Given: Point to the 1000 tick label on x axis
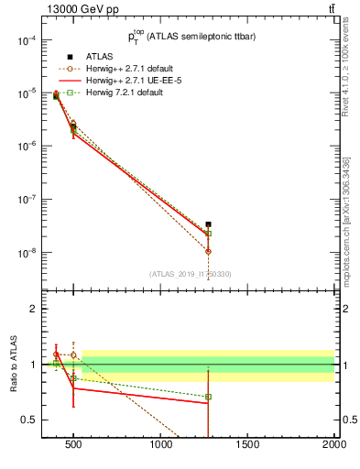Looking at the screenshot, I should [x=161, y=446].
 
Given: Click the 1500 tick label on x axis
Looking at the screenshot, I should [x=247, y=446].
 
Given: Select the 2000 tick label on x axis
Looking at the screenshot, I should [x=333, y=446].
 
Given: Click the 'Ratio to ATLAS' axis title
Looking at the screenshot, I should [x=14, y=364].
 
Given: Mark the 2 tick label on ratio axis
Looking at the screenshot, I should [x=31, y=309].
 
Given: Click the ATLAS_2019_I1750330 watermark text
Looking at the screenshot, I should [x=191, y=273].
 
